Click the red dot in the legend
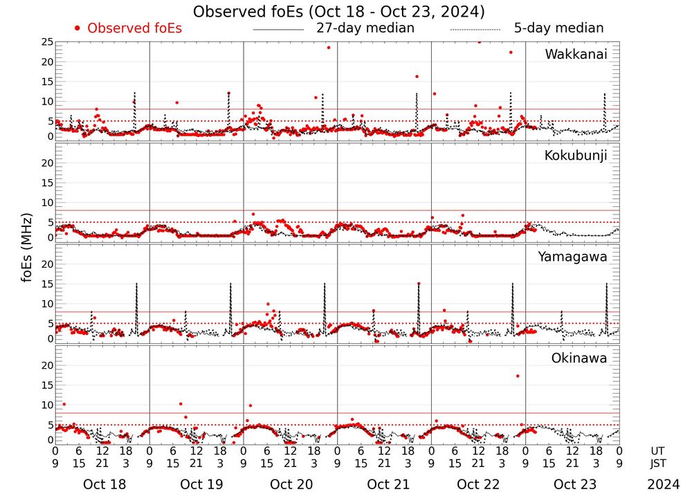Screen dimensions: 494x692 pos(78,28)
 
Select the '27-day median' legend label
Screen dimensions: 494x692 pos(365,28)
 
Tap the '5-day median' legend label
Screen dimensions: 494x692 pos(558,28)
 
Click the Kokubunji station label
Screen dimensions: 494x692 pos(576,156)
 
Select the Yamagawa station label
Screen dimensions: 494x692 pos(573,257)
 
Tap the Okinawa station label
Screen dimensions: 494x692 pos(579,358)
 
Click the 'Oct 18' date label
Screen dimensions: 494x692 pos(104,484)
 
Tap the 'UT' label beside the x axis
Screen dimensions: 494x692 pos(657,450)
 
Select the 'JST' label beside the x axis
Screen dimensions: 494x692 pos(657,464)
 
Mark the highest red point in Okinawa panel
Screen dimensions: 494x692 pos(518,376)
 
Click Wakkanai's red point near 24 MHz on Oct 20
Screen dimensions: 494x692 pos(328,47)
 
